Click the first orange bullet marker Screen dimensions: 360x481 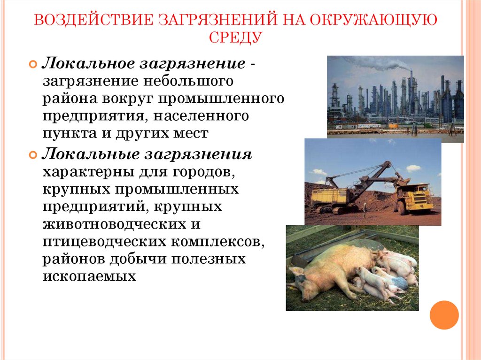[x=33, y=64]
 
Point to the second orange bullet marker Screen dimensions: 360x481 [x=33, y=154]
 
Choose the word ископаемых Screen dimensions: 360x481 [x=89, y=276]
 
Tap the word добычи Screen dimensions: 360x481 [x=140, y=259]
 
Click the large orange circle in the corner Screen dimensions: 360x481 [x=444, y=314]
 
